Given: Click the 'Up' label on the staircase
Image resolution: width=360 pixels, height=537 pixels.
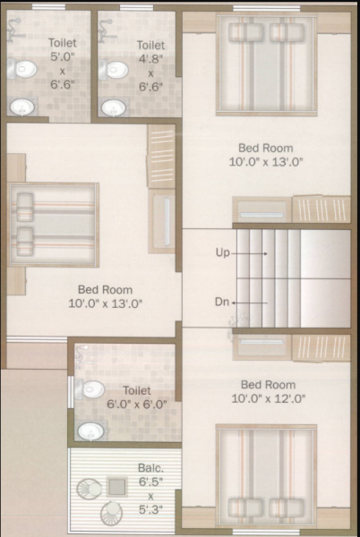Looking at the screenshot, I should pyautogui.click(x=223, y=253).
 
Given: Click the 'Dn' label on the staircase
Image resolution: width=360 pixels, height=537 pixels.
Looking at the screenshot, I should pyautogui.click(x=222, y=302).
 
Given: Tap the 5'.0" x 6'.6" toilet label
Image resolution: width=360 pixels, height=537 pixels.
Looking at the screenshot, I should pyautogui.click(x=62, y=61).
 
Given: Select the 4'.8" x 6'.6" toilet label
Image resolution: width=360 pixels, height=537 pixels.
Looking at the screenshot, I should pyautogui.click(x=150, y=63).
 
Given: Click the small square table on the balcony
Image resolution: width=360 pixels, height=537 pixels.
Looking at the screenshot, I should pyautogui.click(x=116, y=487).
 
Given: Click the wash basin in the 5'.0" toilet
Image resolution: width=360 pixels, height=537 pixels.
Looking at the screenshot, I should pyautogui.click(x=22, y=107).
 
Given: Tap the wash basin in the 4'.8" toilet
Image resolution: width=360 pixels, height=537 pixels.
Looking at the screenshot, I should pyautogui.click(x=112, y=107).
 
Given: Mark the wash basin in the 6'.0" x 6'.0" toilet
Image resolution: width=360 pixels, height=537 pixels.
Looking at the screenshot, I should pyautogui.click(x=90, y=431).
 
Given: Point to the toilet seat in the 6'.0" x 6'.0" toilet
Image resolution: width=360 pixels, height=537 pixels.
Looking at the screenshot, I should pyautogui.click(x=92, y=391).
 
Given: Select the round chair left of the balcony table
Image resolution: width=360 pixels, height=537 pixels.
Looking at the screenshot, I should pyautogui.click(x=90, y=490).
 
